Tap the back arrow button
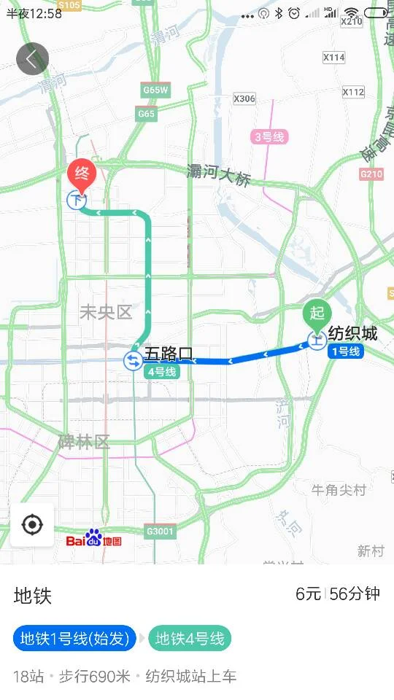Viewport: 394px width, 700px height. click(32, 59)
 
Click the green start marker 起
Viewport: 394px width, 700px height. click(317, 314)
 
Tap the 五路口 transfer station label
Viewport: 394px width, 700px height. click(169, 354)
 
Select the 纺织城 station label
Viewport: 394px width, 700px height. click(352, 334)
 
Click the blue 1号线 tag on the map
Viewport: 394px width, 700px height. click(346, 351)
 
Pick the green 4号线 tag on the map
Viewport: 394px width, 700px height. click(161, 371)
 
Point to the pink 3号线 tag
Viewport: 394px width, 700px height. click(270, 136)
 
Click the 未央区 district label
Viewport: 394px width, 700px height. click(106, 313)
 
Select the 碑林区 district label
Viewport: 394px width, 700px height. click(84, 442)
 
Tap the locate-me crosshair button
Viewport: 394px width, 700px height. click(32, 525)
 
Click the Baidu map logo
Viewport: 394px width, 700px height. click(93, 539)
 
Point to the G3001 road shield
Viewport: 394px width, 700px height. click(160, 531)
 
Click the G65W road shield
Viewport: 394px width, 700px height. click(155, 90)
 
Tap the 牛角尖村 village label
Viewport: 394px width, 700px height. click(339, 490)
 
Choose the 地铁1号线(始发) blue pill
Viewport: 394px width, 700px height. click(75, 639)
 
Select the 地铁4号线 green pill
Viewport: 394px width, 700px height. click(190, 639)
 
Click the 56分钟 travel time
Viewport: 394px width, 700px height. click(355, 594)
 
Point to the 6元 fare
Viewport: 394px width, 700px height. click(308, 594)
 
